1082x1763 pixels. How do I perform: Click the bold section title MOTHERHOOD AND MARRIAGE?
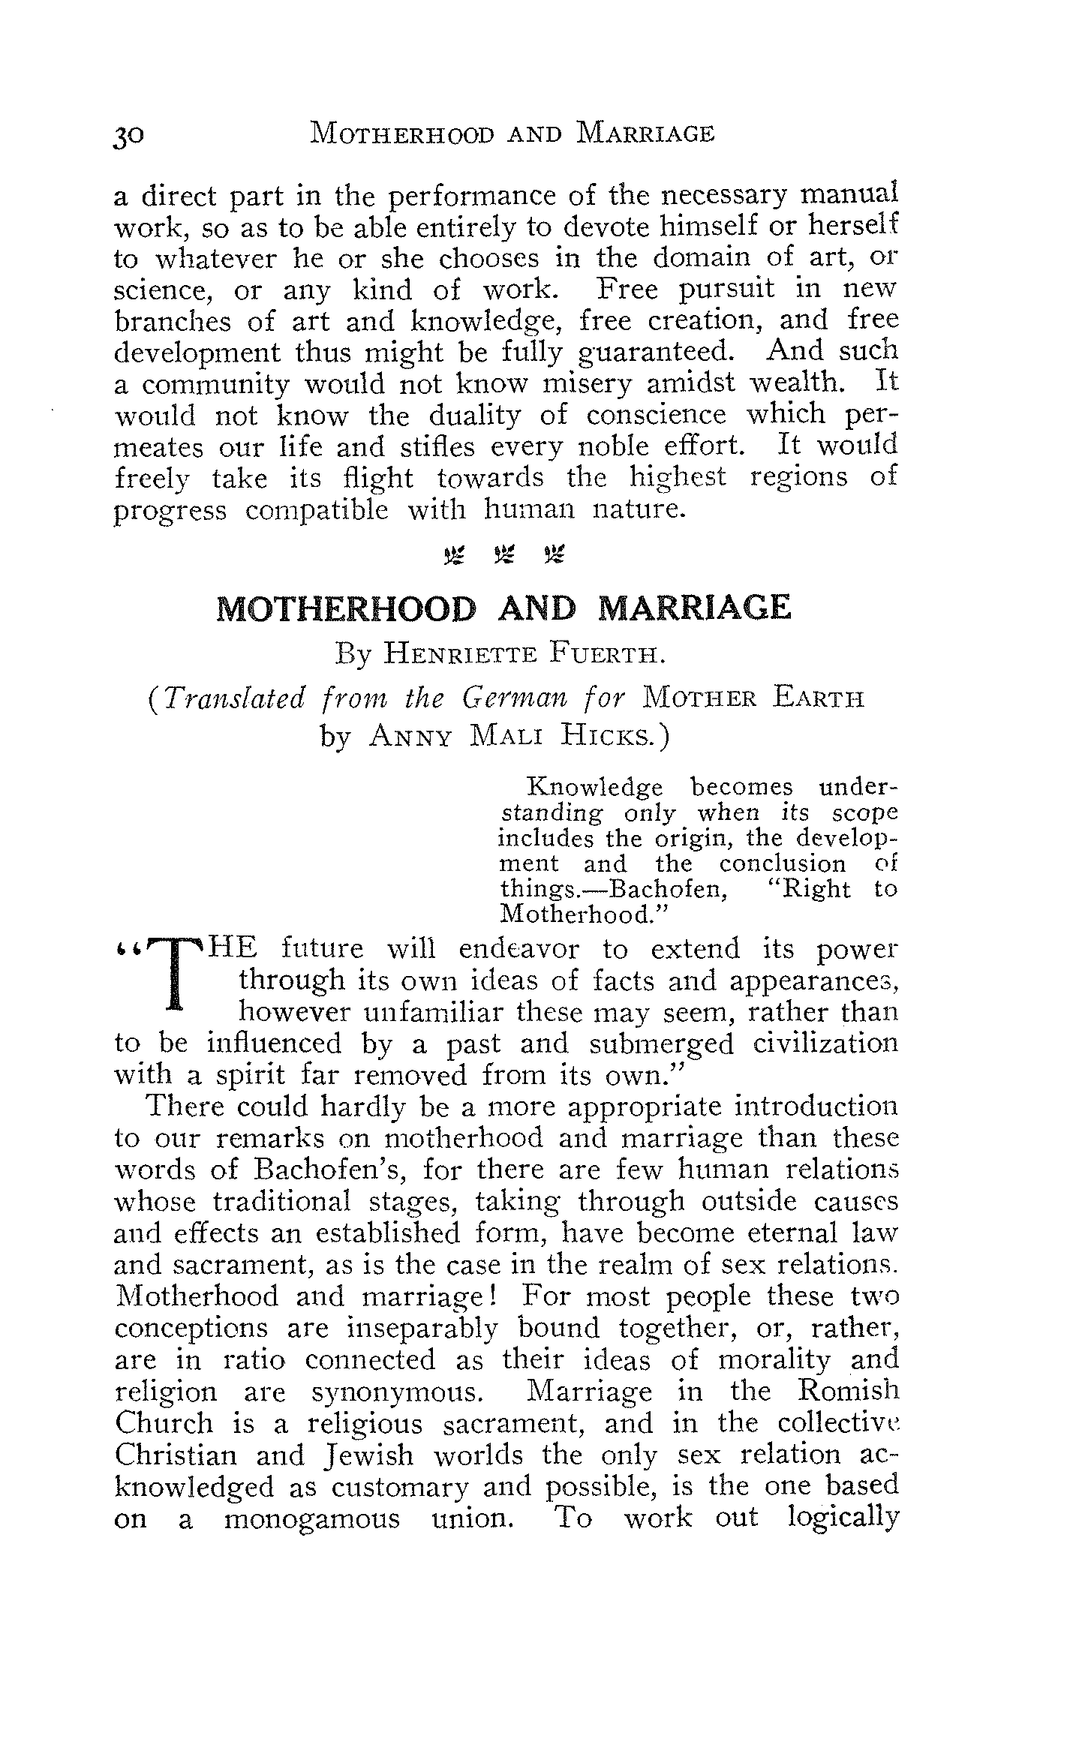503,608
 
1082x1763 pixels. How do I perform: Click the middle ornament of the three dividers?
503,556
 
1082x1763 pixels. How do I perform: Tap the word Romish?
848,1392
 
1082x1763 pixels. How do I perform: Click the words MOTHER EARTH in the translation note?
753,699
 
